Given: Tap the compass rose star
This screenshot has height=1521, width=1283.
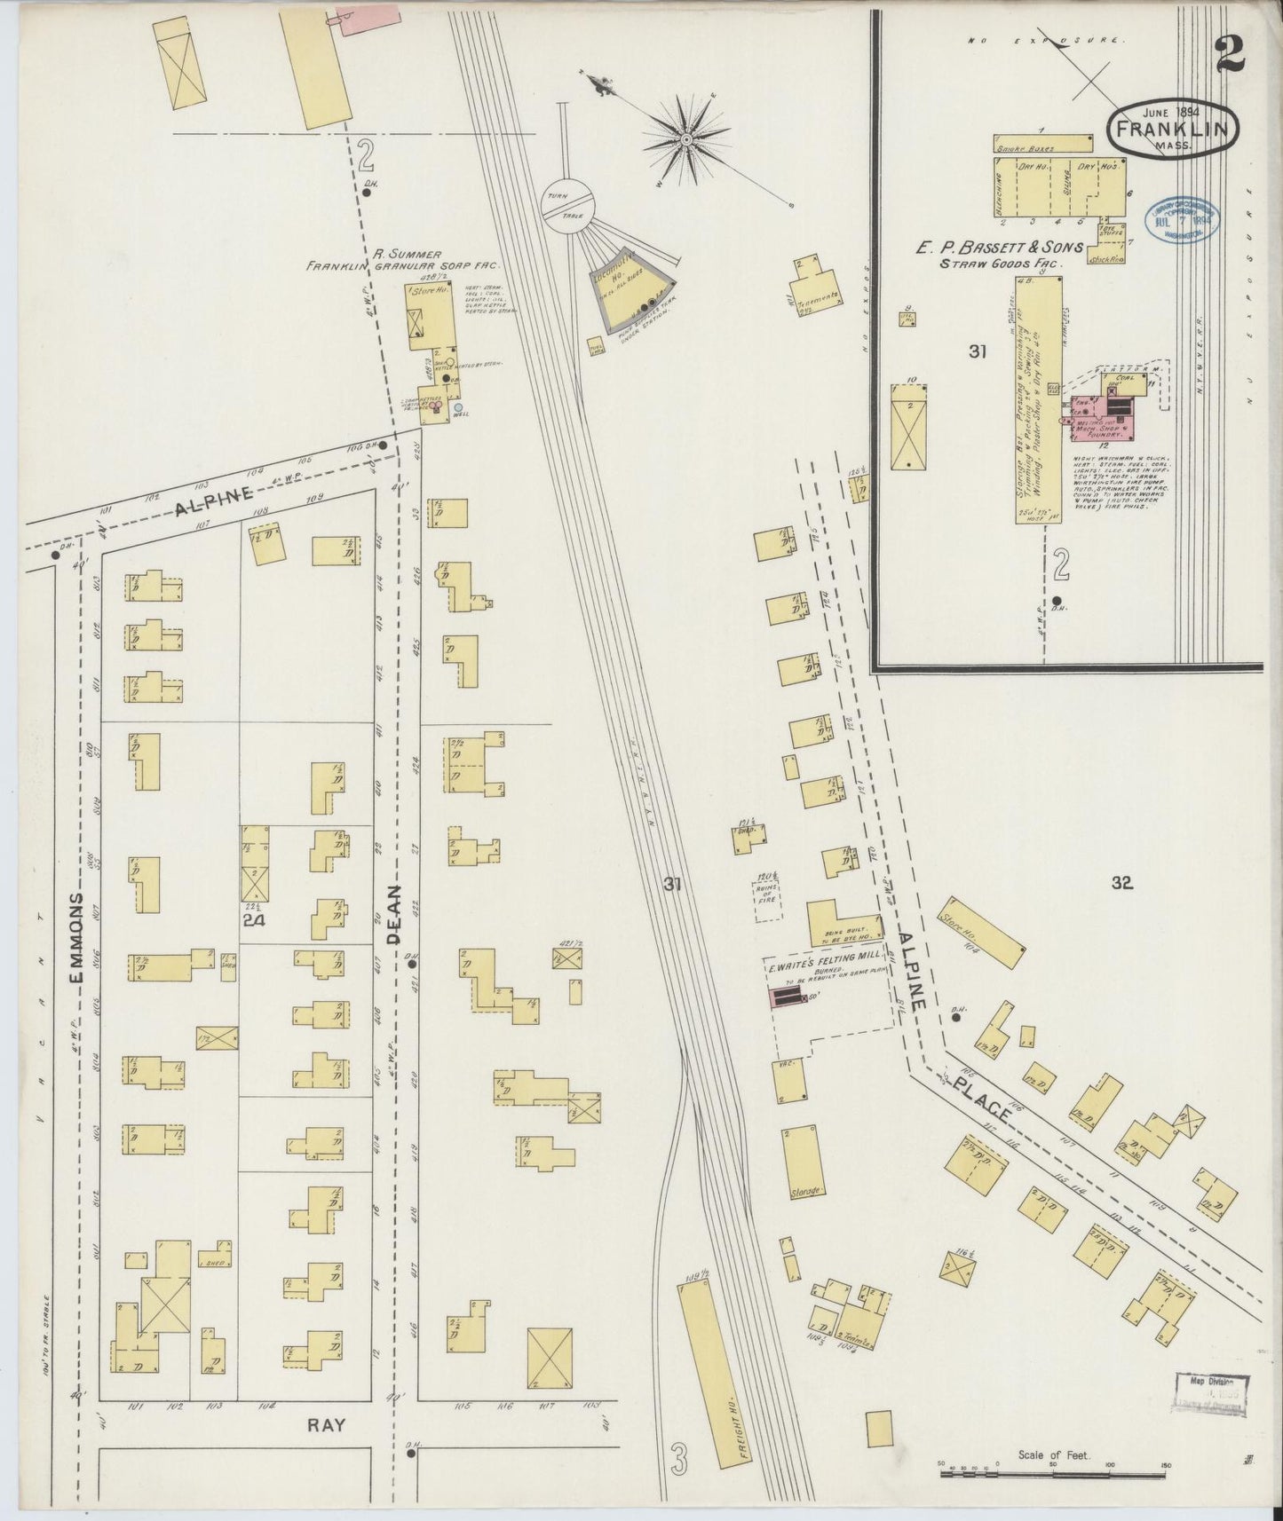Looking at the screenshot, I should click(686, 139).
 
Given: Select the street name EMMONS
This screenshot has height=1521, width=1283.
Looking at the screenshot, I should click(78, 938).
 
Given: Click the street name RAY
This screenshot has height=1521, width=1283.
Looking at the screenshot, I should click(327, 1449).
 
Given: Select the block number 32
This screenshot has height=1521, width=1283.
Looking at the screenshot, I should click(1121, 882).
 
